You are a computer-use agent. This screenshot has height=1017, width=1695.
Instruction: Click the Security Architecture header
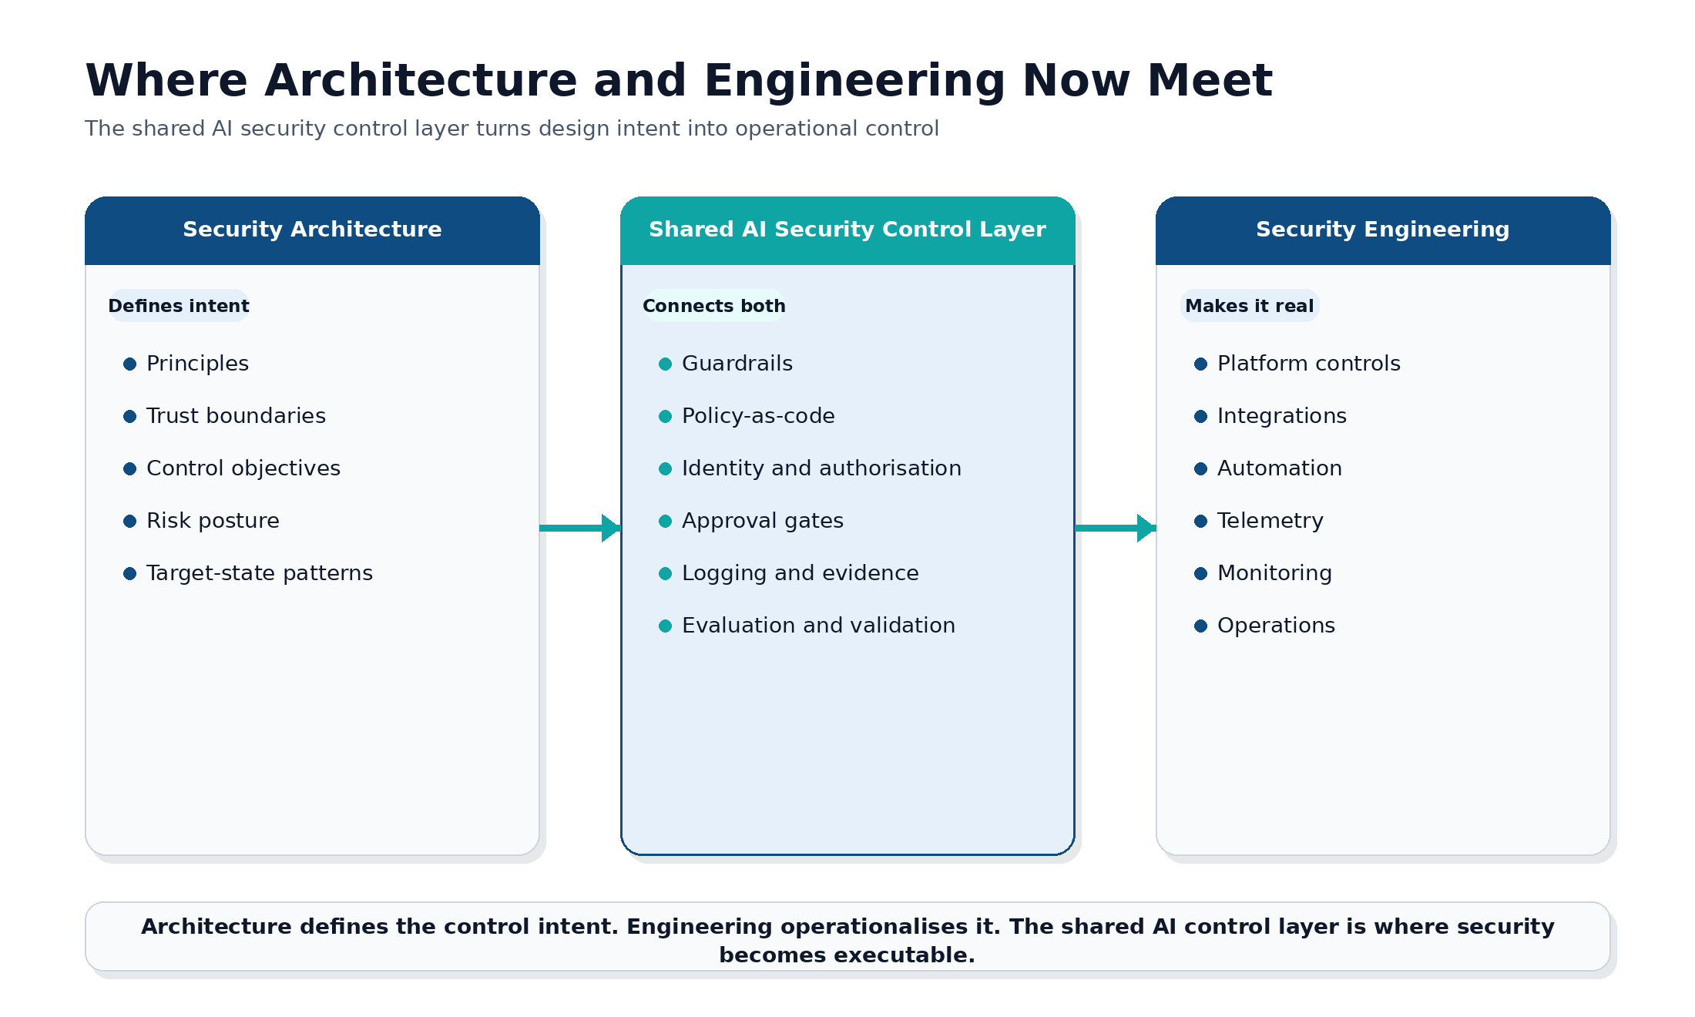click(312, 230)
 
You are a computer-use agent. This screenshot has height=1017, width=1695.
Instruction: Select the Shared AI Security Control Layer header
click(847, 230)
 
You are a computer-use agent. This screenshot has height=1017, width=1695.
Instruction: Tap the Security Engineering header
click(1382, 230)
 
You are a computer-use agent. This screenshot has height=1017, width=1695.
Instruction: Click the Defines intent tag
click(179, 306)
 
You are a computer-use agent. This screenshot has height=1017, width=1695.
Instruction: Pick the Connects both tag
click(713, 306)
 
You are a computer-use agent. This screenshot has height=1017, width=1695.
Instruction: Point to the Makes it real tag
click(1249, 306)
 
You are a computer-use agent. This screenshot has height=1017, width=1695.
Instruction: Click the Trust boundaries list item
click(236, 416)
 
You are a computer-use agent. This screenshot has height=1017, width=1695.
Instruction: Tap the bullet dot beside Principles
click(129, 364)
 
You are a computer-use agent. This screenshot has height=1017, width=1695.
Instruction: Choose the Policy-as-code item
click(758, 416)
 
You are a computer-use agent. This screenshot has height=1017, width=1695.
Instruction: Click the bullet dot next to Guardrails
click(665, 364)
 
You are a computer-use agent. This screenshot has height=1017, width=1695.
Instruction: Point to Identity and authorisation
click(821, 468)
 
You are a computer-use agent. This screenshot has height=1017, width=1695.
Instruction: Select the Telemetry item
click(1270, 521)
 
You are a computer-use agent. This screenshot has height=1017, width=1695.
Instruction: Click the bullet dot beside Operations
click(1200, 626)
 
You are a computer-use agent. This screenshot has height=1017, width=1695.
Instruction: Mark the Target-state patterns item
click(259, 573)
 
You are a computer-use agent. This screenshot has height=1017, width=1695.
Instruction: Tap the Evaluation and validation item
click(818, 626)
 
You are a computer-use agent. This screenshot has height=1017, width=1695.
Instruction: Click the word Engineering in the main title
click(854, 81)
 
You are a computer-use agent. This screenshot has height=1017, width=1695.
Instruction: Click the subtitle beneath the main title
click(512, 129)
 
